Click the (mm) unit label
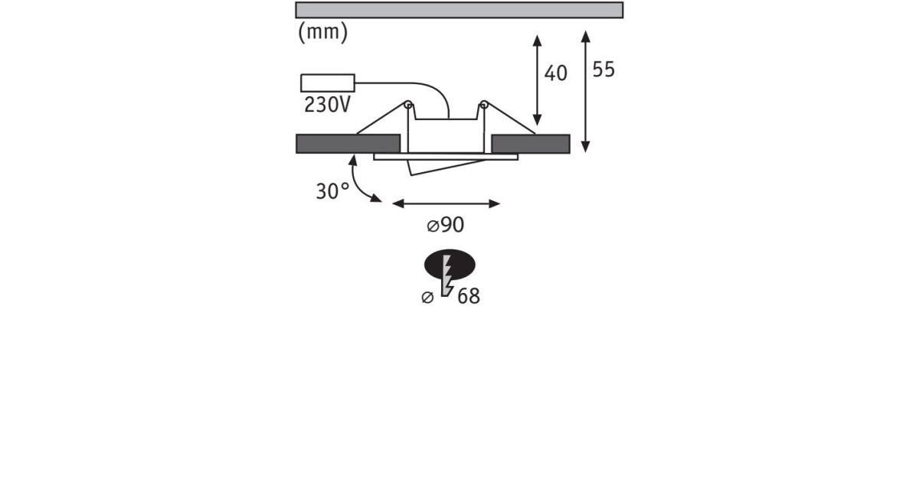tap(323, 32)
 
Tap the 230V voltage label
tap(328, 105)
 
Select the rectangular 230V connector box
tap(328, 83)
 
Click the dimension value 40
tap(555, 73)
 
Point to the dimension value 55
tap(603, 70)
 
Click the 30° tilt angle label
tap(332, 191)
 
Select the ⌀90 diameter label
tap(446, 225)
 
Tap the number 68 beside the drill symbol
tap(469, 296)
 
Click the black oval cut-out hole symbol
tap(450, 265)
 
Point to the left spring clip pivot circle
tap(407, 105)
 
